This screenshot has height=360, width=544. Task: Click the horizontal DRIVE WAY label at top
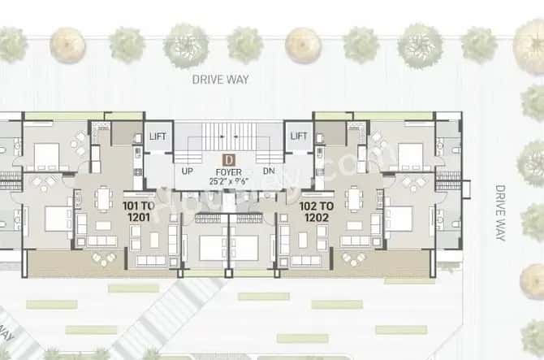221,79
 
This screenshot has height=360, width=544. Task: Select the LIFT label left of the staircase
158,137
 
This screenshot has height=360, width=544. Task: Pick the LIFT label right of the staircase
299,137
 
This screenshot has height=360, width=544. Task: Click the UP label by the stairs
187,172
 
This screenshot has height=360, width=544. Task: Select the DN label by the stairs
269,172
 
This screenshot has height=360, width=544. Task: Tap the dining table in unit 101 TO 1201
104,197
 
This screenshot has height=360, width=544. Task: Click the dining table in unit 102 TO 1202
354,197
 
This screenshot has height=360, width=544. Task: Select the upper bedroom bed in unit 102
411,151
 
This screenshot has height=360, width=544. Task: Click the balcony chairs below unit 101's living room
103,258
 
